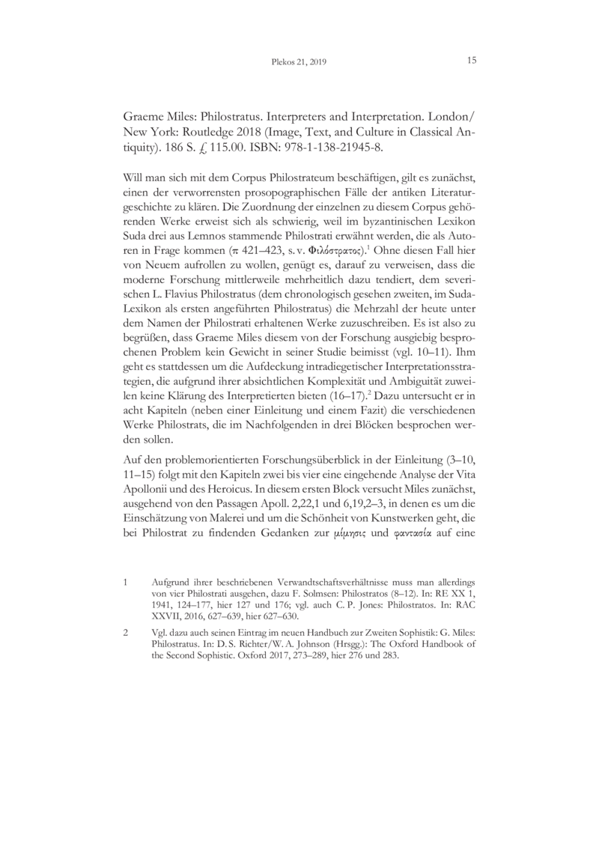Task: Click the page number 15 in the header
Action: (472, 61)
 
